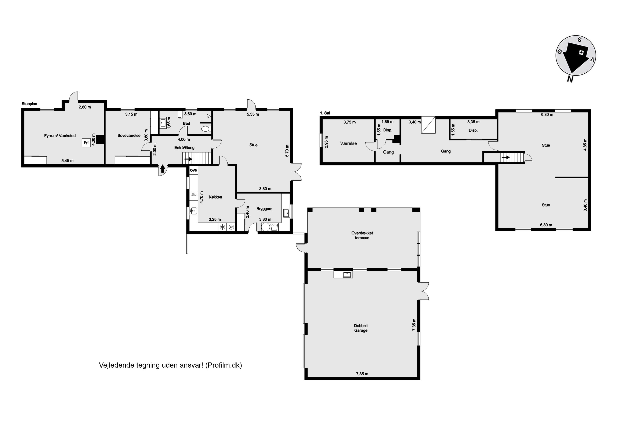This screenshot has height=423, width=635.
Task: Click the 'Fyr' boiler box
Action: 86,143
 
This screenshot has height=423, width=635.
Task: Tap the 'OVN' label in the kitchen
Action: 194,170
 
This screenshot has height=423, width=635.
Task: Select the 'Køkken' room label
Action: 215,197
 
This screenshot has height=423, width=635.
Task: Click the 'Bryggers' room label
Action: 264,209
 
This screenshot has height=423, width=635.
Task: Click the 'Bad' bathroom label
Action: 186,124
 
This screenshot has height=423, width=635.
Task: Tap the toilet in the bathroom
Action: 206,129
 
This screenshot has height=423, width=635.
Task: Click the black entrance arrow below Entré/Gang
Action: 163,169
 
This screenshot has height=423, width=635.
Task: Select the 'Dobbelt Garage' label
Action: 361,328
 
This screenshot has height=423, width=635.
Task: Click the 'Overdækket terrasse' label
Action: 362,235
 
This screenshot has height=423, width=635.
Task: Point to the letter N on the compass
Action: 570,79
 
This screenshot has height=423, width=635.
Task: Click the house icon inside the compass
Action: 581,53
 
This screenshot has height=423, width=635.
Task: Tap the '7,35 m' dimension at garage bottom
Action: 362,374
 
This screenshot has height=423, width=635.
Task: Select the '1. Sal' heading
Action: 325,113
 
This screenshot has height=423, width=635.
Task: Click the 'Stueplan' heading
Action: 29,104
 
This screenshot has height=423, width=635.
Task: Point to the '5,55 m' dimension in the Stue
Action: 253,114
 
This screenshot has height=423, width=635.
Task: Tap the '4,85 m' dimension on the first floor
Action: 585,145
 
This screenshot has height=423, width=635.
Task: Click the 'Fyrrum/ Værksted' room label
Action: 60,136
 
